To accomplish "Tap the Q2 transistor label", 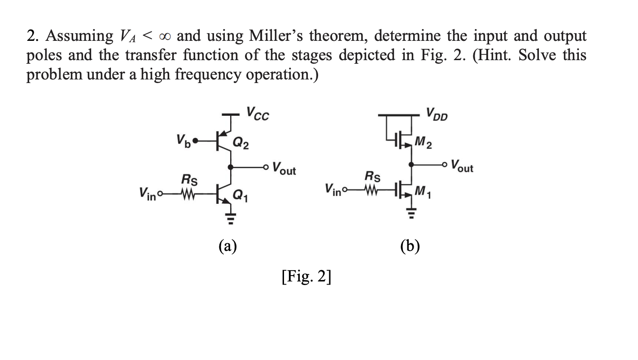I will point(241,144).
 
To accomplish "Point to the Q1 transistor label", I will point(240,195).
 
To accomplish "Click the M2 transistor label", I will point(424,144).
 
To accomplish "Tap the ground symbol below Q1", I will point(231,220).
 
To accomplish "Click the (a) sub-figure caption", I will point(227,246).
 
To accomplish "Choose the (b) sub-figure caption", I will point(410,246).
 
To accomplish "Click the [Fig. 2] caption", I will point(306,277).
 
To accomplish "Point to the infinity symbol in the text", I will point(164,36).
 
